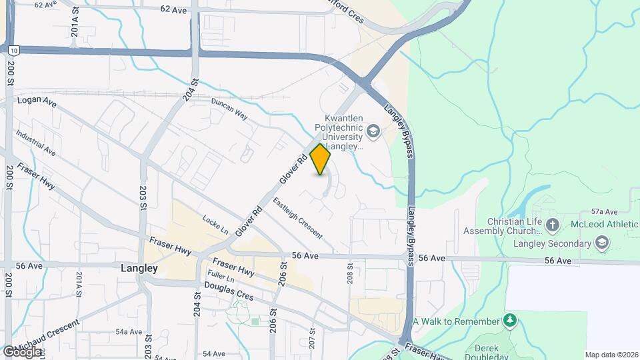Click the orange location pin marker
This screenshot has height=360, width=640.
tap(321, 159)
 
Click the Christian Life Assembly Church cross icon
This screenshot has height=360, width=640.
tap(551, 225)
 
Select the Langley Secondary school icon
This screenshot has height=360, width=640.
tap(603, 243)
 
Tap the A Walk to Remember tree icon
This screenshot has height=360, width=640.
tap(511, 321)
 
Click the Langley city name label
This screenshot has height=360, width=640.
tap(139, 269)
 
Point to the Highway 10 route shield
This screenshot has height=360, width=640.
tap(13, 49)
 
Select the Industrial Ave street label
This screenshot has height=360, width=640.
tap(35, 142)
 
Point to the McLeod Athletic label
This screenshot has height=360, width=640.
tap(601, 225)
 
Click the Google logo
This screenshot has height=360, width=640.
tap(23, 351)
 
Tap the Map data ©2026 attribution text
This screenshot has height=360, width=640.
tap(611, 355)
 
